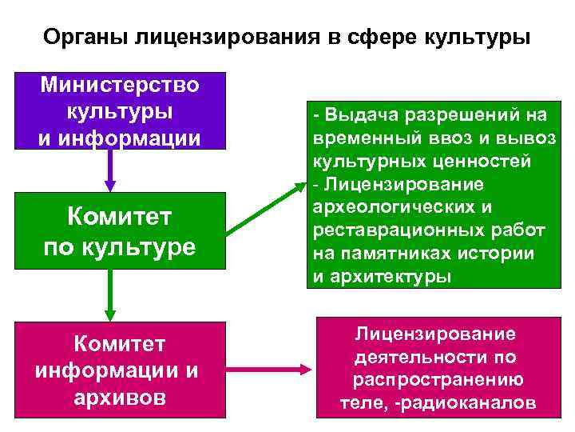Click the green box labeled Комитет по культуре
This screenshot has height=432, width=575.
coord(119,230)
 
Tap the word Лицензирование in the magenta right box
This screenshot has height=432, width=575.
coord(434,334)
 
